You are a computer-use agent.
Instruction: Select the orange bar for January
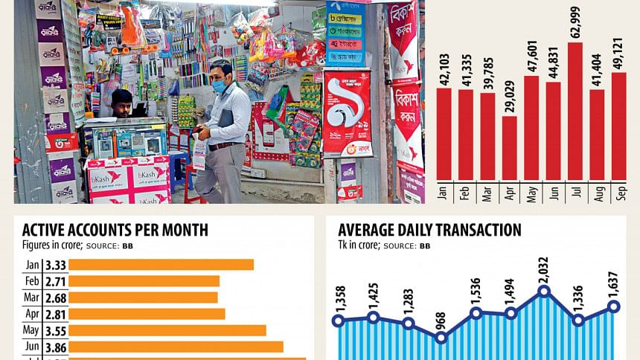[161, 265]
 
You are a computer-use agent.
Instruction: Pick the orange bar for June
[176, 347]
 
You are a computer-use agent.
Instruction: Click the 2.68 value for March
[56, 298]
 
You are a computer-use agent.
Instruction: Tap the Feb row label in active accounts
[33, 281]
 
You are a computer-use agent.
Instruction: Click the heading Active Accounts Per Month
[115, 230]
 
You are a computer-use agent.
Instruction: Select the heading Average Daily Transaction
[429, 230]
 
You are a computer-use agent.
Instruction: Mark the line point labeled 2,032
[544, 291]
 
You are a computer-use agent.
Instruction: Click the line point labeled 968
[441, 337]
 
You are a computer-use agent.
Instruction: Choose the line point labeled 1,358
[338, 321]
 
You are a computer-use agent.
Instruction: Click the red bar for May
[531, 127]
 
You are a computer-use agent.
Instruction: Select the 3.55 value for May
[56, 330]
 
